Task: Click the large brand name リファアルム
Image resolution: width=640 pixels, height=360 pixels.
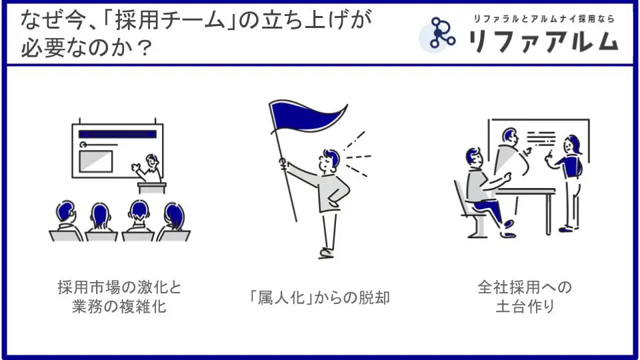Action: pyautogui.click(x=543, y=41)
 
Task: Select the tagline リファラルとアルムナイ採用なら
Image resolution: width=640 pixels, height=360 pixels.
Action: pyautogui.click(x=544, y=19)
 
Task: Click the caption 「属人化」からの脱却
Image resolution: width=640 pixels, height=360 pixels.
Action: pyautogui.click(x=319, y=297)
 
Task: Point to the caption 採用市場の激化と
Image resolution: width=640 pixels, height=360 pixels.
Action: pyautogui.click(x=119, y=287)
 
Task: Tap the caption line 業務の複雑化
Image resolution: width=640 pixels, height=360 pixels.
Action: pyautogui.click(x=119, y=306)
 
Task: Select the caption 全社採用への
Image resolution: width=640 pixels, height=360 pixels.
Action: pyautogui.click(x=525, y=287)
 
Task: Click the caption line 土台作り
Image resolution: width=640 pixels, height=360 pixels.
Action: pyautogui.click(x=525, y=306)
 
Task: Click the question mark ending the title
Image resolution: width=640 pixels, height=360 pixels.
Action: pyautogui.click(x=144, y=48)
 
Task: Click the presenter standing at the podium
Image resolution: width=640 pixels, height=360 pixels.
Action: pyautogui.click(x=148, y=168)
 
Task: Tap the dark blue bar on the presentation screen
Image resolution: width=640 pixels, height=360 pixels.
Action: pyautogui.click(x=117, y=134)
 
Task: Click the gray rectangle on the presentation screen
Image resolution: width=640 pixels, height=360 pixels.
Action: pyautogui.click(x=96, y=161)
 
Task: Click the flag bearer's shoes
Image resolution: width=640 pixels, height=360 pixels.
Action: pyautogui.click(x=327, y=253)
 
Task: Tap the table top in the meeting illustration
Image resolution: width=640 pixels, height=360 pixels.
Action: pyautogui.click(x=526, y=191)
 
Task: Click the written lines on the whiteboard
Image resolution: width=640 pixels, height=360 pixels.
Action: pyautogui.click(x=541, y=138)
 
